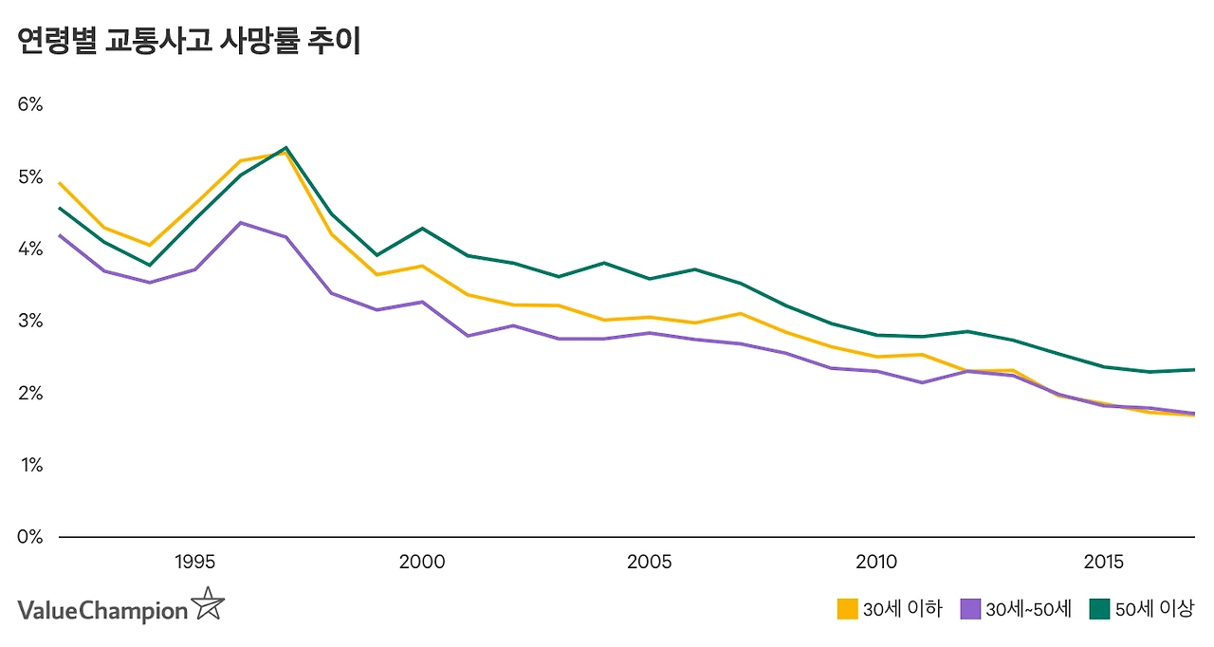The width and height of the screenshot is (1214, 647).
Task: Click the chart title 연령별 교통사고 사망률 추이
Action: [189, 42]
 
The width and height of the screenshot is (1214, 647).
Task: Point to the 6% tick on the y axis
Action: [30, 104]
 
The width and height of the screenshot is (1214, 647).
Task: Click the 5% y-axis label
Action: [30, 177]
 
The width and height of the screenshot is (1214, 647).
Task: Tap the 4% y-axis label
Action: [30, 249]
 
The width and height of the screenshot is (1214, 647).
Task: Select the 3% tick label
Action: [30, 321]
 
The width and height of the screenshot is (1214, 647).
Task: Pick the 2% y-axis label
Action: [30, 393]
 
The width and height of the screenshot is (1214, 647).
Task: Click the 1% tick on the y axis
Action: [30, 465]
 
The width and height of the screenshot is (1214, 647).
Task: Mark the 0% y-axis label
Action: [30, 537]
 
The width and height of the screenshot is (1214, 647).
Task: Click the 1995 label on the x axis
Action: [194, 563]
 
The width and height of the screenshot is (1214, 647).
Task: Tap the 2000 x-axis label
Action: [422, 563]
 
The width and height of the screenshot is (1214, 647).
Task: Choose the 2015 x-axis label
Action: [1104, 563]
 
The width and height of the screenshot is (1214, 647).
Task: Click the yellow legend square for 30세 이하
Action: [847, 609]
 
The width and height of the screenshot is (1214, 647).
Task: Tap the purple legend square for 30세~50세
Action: [970, 609]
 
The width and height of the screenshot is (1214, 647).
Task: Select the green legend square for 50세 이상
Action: [1099, 609]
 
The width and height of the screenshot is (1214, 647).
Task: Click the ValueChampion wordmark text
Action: [102, 610]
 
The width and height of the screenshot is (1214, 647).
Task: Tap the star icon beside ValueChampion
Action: [208, 604]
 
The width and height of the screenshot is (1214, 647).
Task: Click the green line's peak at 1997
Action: [285, 148]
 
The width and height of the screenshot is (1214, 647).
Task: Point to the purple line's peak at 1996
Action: [240, 223]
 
